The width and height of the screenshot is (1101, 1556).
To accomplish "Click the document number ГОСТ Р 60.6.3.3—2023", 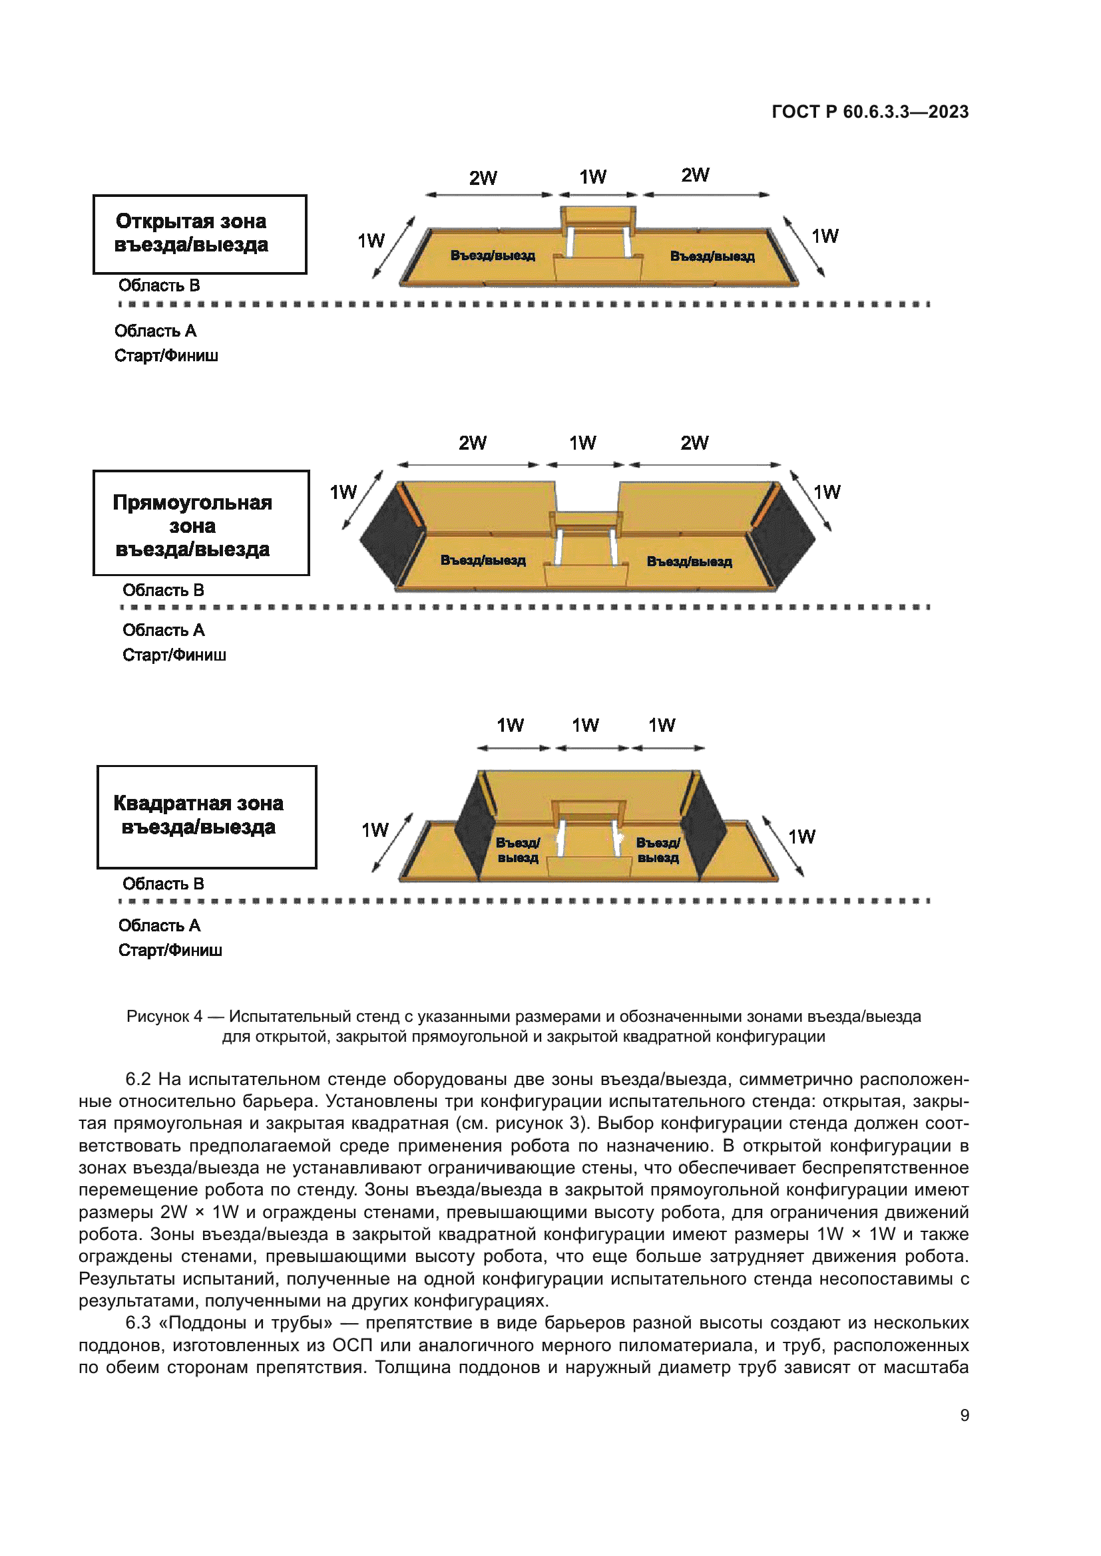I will tap(870, 112).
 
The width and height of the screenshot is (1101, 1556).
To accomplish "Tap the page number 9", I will tap(964, 1415).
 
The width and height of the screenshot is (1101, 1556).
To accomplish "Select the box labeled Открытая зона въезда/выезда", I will tap(199, 233).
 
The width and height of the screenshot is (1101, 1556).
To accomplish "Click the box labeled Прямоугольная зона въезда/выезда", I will tap(200, 522).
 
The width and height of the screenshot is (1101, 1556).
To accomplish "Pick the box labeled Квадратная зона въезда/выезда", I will tap(206, 817).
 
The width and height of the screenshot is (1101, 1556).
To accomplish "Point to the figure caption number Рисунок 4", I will tap(164, 1016).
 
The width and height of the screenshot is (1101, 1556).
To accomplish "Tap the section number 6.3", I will tap(138, 1323).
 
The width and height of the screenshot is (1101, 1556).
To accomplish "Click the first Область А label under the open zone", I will tap(155, 331).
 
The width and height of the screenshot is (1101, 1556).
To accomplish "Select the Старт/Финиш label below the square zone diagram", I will tap(170, 950).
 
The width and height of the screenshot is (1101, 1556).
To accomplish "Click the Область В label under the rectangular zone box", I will tap(162, 590).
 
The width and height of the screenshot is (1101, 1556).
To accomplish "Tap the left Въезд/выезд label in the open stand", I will tap(493, 255).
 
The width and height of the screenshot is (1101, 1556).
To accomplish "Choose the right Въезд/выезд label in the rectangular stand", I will tap(689, 562).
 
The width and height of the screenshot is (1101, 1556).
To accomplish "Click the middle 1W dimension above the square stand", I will tap(585, 726).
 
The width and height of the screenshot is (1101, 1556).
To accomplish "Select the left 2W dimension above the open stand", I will tap(483, 178).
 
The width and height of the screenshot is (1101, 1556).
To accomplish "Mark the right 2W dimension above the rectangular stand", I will tap(694, 443).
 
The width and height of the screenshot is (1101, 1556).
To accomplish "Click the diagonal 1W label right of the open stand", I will tap(824, 237).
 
